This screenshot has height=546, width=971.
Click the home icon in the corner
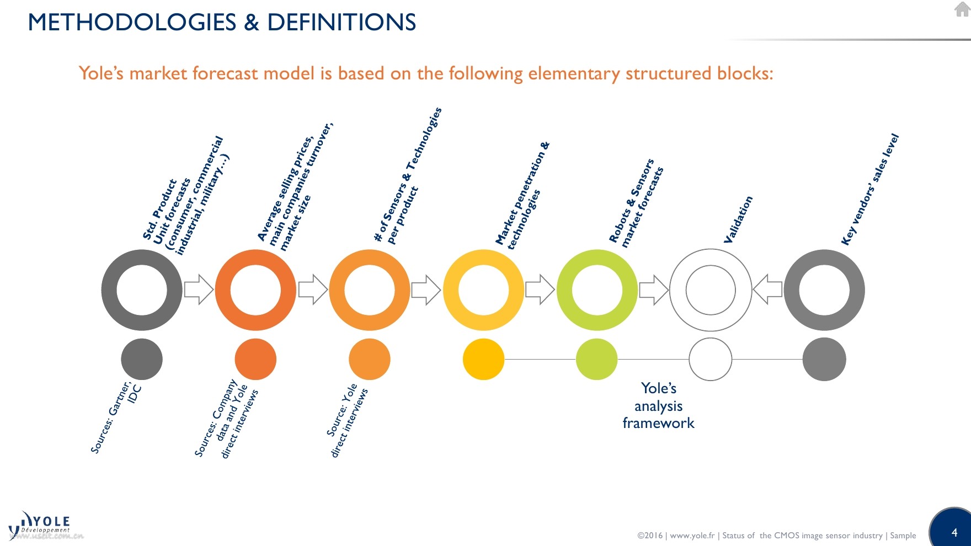pos(962,9)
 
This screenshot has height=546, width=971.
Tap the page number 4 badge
pos(954,532)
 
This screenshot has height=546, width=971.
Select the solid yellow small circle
pos(483,360)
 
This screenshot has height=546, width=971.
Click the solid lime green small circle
pos(596,360)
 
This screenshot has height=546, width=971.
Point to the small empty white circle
pos(711,360)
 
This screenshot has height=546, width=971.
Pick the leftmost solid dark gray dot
pos(142,360)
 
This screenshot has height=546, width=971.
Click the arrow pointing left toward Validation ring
pos(767,290)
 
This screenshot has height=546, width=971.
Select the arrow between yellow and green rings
pos(540,290)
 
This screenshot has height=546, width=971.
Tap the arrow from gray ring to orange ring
pos(199,290)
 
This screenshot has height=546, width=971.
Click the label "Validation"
pos(738,220)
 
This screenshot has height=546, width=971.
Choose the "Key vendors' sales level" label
pos(870,190)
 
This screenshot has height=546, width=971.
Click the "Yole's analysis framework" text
pos(658,406)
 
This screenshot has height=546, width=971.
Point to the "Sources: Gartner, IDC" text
pos(116,416)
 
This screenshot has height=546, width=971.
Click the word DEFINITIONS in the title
pos(342,23)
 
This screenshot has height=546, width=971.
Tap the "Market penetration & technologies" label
pos(523,196)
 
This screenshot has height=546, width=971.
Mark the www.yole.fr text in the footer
pos(692,536)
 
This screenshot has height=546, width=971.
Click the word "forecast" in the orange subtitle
pos(225,73)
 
